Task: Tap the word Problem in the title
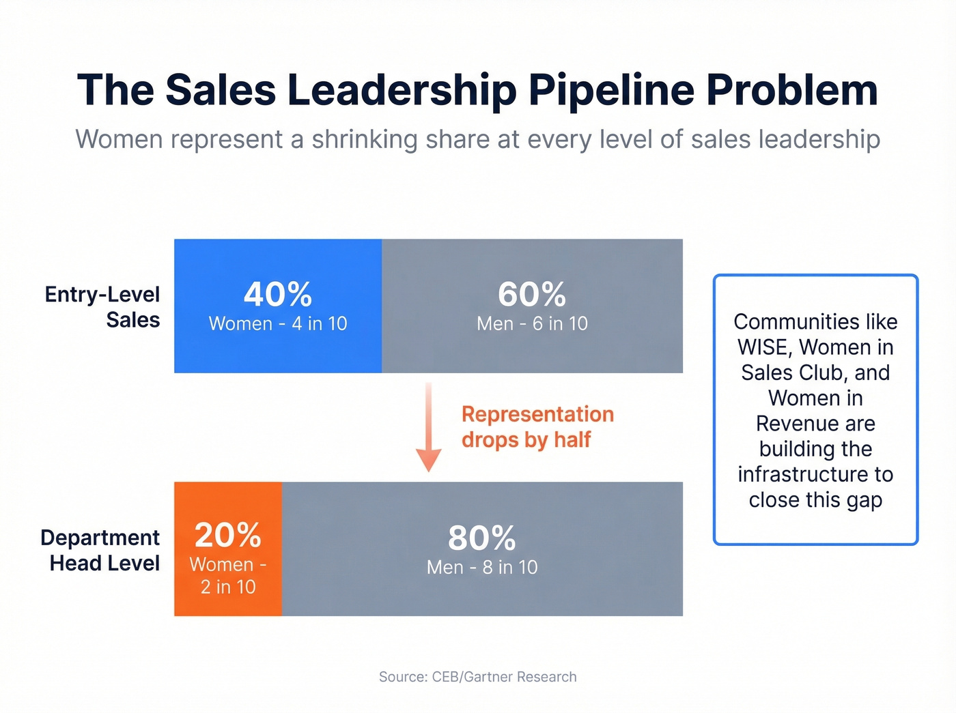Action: click(x=791, y=91)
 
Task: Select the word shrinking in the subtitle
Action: click(x=364, y=140)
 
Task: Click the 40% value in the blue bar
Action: click(x=278, y=295)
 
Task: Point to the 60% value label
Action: click(x=532, y=295)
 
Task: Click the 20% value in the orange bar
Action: click(x=228, y=536)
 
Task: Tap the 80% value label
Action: click(x=482, y=538)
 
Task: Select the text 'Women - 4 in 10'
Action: click(x=278, y=324)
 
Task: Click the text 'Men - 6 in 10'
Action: click(x=532, y=324)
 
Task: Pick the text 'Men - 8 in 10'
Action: click(x=482, y=568)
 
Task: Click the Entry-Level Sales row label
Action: click(x=102, y=307)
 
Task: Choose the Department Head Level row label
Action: click(x=100, y=551)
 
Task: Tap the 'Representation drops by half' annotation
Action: click(x=537, y=427)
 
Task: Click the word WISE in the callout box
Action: click(x=762, y=348)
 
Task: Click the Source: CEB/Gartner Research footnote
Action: click(x=478, y=677)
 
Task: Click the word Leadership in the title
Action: click(x=402, y=91)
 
